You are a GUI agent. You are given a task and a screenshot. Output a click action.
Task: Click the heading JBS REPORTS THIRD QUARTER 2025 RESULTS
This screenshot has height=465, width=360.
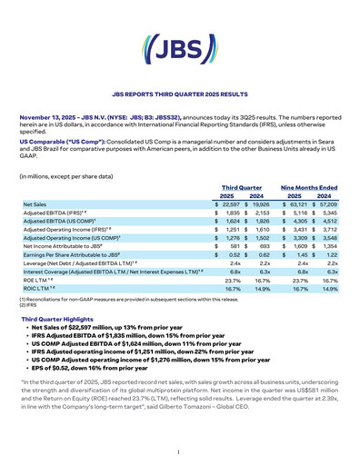(180, 94)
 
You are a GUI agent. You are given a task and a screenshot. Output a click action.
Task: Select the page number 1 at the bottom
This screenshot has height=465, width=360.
(180, 451)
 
